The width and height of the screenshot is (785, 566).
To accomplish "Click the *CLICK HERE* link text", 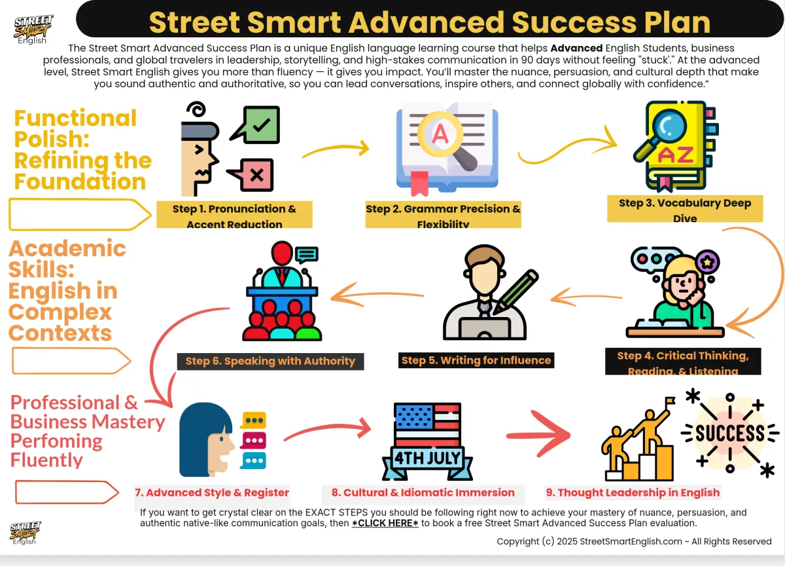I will click(385, 523).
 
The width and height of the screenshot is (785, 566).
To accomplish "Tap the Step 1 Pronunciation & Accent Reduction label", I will click(234, 215).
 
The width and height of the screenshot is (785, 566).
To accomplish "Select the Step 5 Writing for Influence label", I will click(476, 360).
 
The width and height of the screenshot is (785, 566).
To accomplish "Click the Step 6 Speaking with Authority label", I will click(270, 361).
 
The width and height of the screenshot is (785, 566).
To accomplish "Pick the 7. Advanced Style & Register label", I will click(212, 493).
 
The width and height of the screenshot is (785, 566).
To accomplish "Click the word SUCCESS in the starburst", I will click(729, 434).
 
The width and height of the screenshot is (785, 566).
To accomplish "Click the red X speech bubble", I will click(254, 175).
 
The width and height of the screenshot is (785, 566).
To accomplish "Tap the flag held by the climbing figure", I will click(669, 401).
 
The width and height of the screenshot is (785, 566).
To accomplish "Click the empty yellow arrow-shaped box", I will click(78, 215).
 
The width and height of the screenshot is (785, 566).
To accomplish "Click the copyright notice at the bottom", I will click(634, 541).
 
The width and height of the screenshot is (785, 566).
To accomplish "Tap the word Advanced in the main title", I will click(428, 22).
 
